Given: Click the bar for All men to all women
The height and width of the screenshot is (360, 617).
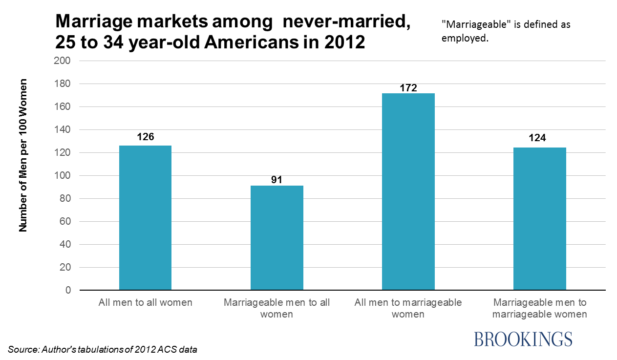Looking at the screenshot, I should [x=145, y=217].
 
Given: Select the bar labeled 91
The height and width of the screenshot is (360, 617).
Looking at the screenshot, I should [x=277, y=237].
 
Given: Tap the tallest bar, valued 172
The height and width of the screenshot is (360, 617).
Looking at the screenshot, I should [x=408, y=191].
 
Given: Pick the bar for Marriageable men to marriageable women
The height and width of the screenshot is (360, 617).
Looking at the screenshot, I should [x=539, y=219].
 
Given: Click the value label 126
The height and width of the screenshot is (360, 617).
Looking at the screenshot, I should [x=145, y=137].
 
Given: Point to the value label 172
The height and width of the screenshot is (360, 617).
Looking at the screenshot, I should [x=408, y=88].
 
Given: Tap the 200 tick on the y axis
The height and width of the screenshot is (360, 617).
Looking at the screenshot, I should [x=64, y=61].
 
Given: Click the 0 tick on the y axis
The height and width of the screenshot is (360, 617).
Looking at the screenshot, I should [x=68, y=290].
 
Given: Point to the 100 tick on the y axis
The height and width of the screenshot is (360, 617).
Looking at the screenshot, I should [x=64, y=176].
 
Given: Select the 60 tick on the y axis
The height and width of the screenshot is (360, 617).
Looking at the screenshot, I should [x=66, y=222].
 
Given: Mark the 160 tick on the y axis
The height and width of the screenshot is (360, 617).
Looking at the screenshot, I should [x=64, y=107].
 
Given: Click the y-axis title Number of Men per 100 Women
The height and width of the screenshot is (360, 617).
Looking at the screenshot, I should [x=23, y=155].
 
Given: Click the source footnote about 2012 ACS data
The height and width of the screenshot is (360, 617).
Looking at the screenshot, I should [x=103, y=350].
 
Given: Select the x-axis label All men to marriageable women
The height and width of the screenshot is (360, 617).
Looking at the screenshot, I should [x=408, y=308].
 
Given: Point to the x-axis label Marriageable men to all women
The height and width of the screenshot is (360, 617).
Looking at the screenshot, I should [x=277, y=308].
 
